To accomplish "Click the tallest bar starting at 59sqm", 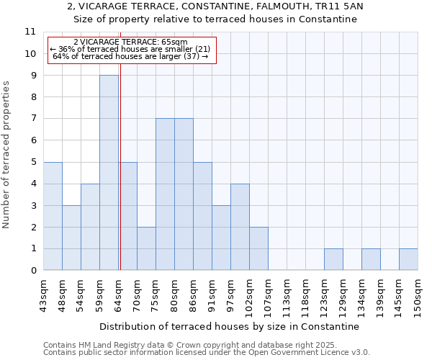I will point(109,173).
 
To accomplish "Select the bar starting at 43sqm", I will point(53,216).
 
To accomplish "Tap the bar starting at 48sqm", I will point(71,238).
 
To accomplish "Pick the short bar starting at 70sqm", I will point(146,248).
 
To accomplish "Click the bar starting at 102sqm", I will point(258,248).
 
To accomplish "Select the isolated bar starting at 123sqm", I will point(333,259).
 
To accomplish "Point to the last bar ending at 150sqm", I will point(408,259).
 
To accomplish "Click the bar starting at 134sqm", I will point(371,259).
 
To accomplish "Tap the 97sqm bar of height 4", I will point(240,227).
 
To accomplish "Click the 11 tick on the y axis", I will point(30,32).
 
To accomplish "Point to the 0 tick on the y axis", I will point(33,271).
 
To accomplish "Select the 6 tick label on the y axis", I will point(33,140).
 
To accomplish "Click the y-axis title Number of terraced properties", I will point(7,155).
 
